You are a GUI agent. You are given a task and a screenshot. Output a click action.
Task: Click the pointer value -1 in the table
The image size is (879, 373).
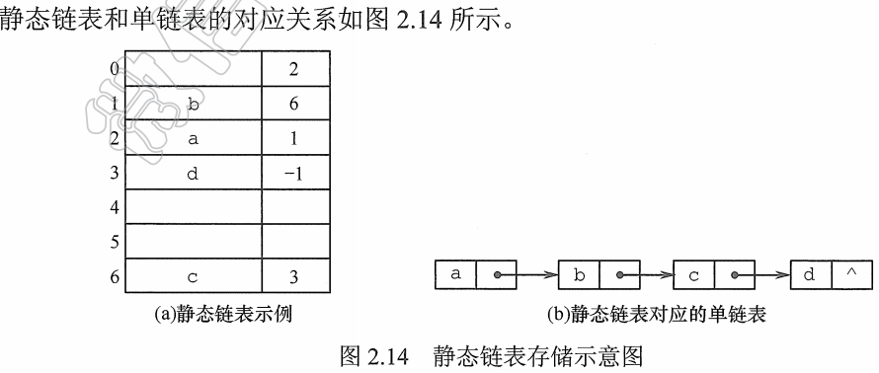tap(293, 174)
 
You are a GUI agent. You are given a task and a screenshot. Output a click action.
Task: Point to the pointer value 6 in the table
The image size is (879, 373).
tap(294, 104)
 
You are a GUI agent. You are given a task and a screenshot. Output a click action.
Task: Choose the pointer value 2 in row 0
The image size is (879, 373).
tap(294, 69)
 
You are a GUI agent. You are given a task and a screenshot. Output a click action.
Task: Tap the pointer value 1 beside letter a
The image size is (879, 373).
tap(294, 139)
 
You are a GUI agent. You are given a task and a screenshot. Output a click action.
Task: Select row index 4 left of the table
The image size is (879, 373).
tap(116, 208)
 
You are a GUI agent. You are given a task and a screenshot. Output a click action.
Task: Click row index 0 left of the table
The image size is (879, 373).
tap(116, 69)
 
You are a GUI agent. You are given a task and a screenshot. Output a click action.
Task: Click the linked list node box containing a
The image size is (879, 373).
tap(456, 275)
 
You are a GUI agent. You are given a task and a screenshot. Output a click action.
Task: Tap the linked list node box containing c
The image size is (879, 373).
tap(694, 275)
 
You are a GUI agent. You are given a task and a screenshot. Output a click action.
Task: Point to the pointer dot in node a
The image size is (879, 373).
tap(498, 276)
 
